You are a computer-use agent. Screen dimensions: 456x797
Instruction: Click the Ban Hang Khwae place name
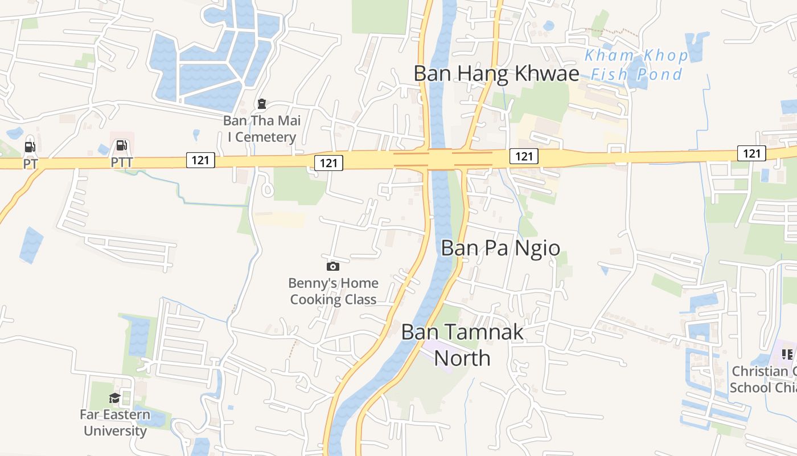pyautogui.click(x=496, y=74)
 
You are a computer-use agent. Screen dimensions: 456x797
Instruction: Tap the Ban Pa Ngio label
pyautogui.click(x=500, y=248)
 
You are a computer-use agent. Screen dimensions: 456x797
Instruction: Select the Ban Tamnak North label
pyautogui.click(x=462, y=345)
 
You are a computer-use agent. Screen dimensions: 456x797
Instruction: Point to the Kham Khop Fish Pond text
pyautogui.click(x=636, y=65)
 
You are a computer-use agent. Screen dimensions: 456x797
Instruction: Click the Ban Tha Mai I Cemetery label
pyautogui.click(x=262, y=129)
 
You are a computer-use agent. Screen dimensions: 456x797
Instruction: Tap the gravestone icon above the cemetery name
pyautogui.click(x=261, y=104)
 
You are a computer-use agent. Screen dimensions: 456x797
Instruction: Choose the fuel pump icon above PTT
pyautogui.click(x=121, y=145)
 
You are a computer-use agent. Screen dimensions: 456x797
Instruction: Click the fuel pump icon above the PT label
pyautogui.click(x=30, y=147)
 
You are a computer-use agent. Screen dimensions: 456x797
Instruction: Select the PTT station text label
pyautogui.click(x=121, y=163)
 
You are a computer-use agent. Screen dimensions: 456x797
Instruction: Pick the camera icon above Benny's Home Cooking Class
pyautogui.click(x=333, y=266)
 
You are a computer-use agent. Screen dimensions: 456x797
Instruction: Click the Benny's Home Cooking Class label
pyautogui.click(x=333, y=291)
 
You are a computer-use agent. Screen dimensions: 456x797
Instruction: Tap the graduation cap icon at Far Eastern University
pyautogui.click(x=114, y=398)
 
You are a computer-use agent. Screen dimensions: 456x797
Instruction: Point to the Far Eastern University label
pyautogui.click(x=115, y=422)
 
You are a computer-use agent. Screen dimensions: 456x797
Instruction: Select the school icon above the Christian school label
pyautogui.click(x=787, y=355)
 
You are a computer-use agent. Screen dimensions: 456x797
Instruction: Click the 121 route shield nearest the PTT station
pyautogui.click(x=200, y=160)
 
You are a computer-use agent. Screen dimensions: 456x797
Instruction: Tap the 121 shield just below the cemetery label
pyautogui.click(x=328, y=163)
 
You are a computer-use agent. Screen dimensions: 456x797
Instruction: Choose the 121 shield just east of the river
pyautogui.click(x=524, y=156)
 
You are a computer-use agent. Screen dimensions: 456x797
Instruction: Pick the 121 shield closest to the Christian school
pyautogui.click(x=751, y=153)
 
